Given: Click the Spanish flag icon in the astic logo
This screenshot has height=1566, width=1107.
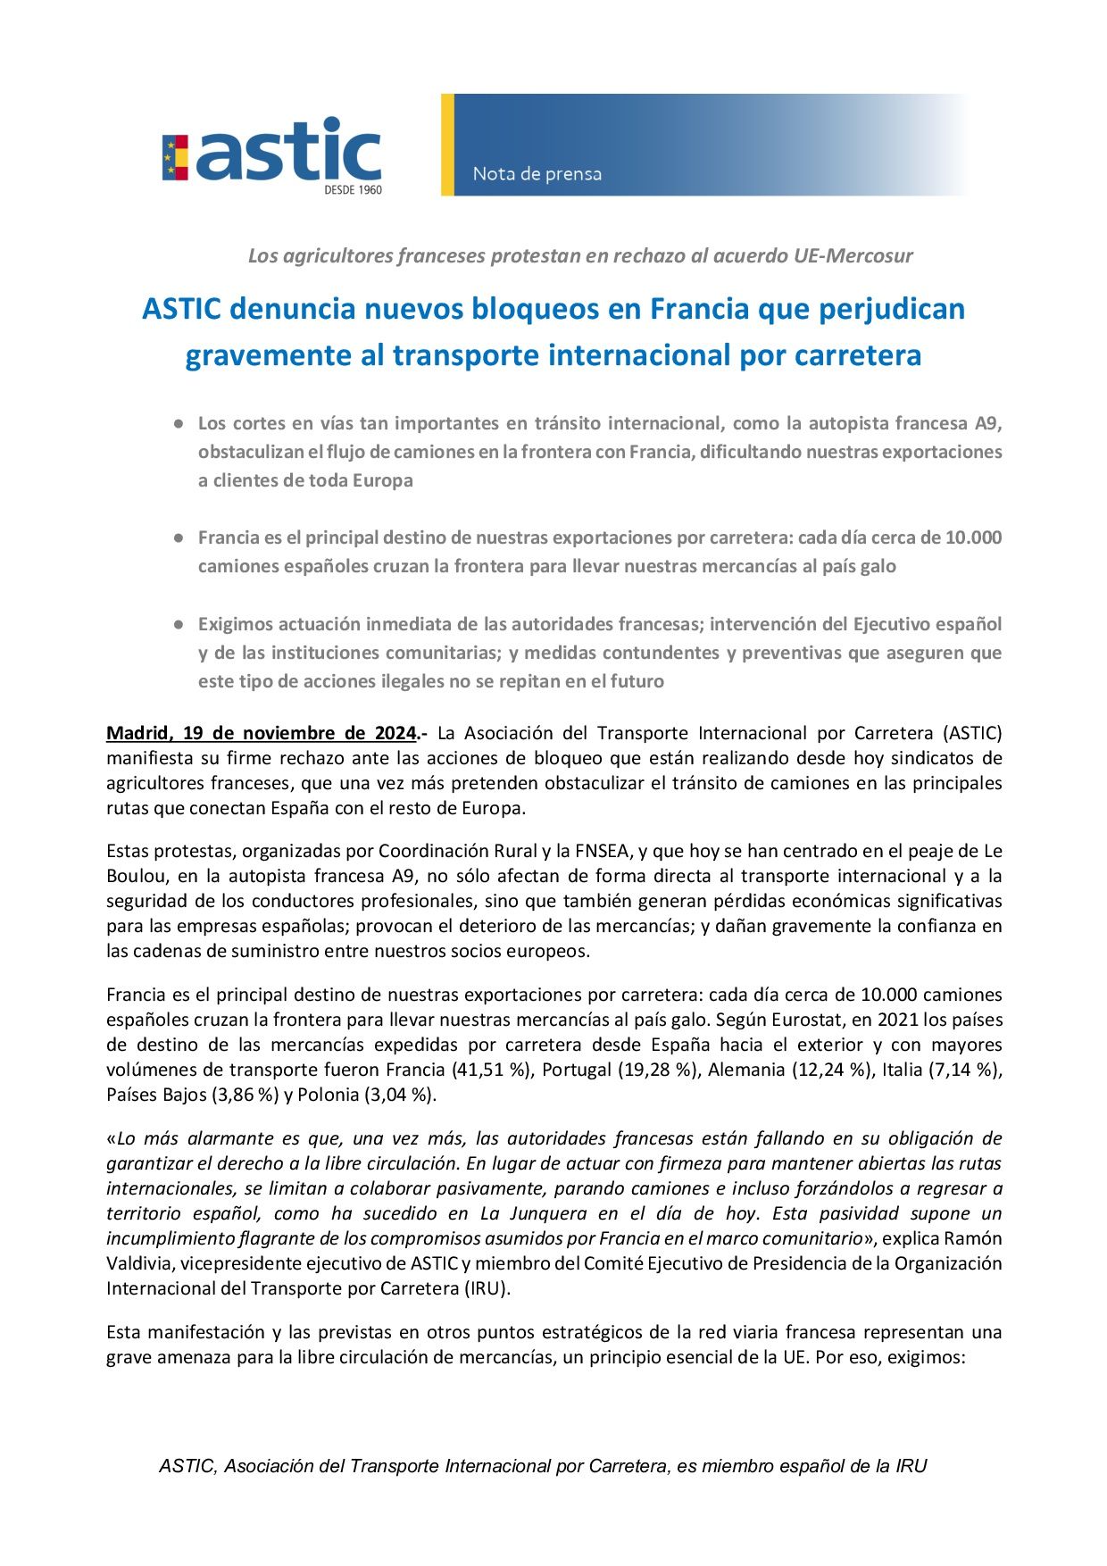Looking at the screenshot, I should coord(175,157).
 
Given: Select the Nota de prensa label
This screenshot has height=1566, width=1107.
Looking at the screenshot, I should coord(537,173).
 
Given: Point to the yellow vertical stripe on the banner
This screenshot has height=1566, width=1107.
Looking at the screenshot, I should coord(447,145).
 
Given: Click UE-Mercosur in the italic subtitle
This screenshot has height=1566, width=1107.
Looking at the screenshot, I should coord(853,256).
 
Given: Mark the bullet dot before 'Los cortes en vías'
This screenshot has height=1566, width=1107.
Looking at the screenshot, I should coord(179,423).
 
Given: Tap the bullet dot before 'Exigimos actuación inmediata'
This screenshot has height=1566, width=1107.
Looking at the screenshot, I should coord(179,624).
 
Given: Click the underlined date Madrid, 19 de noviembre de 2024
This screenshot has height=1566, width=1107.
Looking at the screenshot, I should coord(261,734).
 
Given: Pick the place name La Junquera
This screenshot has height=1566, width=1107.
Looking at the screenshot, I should coord(533,1214).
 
